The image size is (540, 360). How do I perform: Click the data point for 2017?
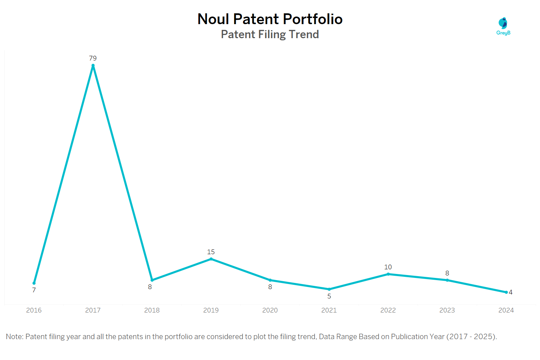tap(93, 66)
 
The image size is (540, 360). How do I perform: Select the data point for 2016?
tap(34, 283)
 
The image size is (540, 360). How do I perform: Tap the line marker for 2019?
tap(211, 259)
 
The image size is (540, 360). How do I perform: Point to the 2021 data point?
tap(329, 289)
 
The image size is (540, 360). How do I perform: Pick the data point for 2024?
tap(506, 292)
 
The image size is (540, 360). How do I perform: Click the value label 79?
tap(93, 58)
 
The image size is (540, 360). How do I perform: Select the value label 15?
tap(211, 252)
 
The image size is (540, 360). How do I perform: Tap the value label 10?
tap(388, 267)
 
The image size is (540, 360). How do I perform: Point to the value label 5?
tap(329, 296)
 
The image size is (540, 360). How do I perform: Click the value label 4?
tap(510, 292)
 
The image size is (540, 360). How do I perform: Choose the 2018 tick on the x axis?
tap(152, 310)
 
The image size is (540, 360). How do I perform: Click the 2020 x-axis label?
tap(270, 310)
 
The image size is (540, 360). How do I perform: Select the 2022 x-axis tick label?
tap(388, 310)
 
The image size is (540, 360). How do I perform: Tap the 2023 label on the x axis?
tap(447, 310)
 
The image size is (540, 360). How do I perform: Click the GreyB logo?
tap(503, 26)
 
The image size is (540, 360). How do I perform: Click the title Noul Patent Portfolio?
tap(270, 19)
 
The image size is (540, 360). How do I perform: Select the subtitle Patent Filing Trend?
tap(270, 35)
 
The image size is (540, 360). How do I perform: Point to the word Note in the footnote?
tap(14, 337)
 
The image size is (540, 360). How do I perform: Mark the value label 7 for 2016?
tap(34, 290)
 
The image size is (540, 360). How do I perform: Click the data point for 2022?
tap(388, 274)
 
